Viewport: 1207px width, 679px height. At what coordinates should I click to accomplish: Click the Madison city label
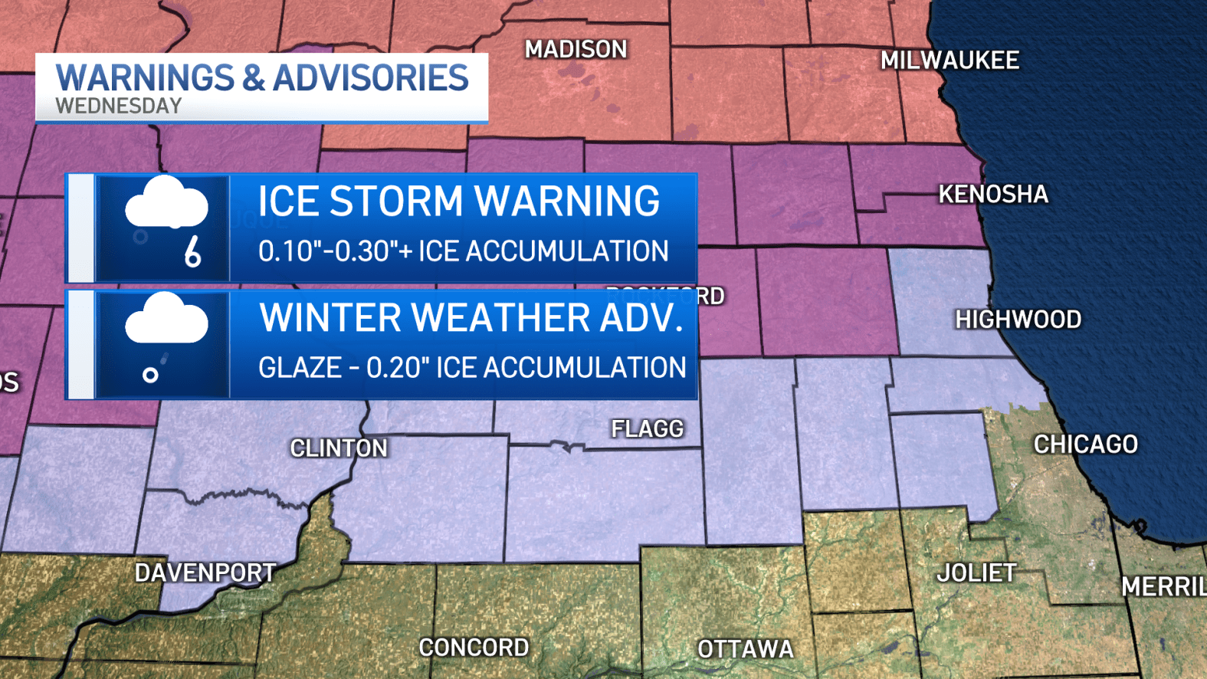[x=576, y=50]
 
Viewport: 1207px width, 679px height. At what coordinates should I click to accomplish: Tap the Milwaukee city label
[x=950, y=61]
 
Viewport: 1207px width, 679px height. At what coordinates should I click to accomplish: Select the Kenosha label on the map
[x=993, y=195]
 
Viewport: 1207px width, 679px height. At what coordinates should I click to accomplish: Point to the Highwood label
[x=1018, y=320]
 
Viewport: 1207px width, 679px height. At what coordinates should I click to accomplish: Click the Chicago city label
[x=1085, y=444]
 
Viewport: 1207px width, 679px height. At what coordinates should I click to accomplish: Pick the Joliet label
[x=976, y=573]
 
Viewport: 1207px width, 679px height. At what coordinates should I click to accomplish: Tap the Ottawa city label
[x=745, y=650]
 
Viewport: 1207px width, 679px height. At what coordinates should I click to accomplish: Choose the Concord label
[x=474, y=648]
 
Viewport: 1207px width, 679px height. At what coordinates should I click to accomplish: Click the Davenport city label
[x=205, y=573]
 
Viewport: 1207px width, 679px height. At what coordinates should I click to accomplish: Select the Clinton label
[x=339, y=448]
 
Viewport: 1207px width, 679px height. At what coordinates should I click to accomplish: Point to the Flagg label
[x=647, y=429]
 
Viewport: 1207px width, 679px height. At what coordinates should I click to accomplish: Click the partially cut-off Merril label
[x=1163, y=587]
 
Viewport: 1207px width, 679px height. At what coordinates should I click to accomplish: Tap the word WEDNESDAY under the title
[x=119, y=106]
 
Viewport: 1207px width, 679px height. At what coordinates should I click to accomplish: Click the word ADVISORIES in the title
[x=370, y=78]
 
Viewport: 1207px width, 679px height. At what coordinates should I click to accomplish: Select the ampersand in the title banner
[x=254, y=78]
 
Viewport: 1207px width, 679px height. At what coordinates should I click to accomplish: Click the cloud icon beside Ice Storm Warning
[x=166, y=203]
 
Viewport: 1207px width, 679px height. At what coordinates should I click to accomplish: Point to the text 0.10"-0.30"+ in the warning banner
[x=335, y=251]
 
